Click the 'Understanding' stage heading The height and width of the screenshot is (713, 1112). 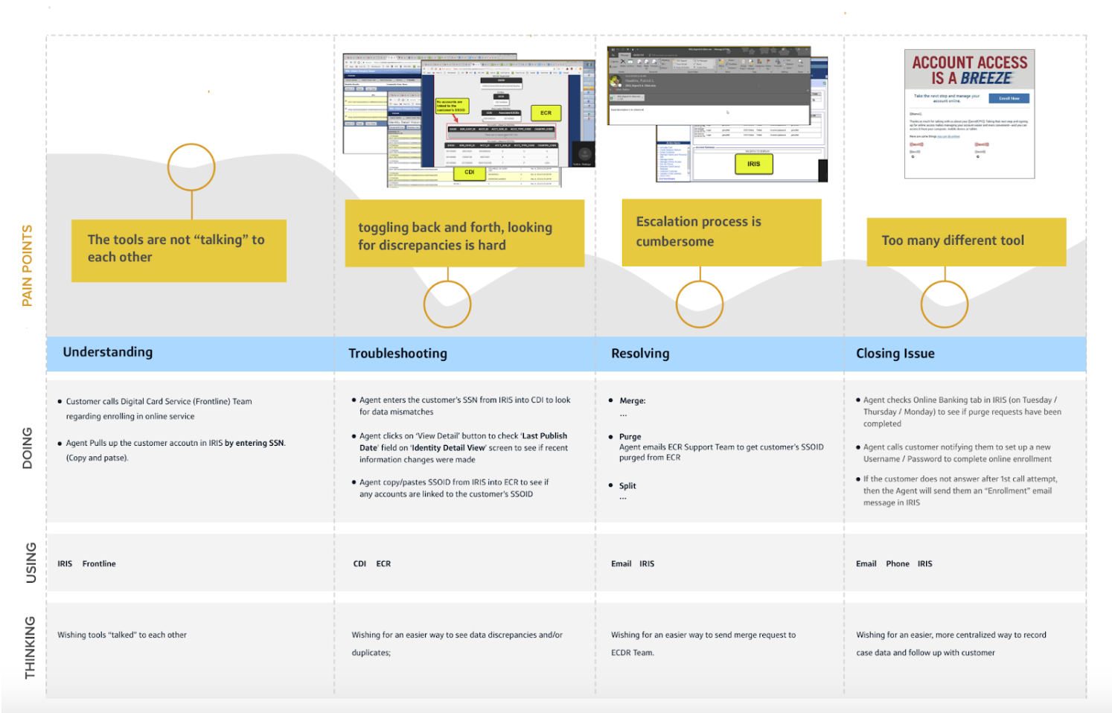(108, 352)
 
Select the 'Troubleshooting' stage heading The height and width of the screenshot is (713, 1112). (397, 354)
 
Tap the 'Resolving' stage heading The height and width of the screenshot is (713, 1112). (640, 354)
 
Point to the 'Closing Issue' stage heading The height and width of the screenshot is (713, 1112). (895, 354)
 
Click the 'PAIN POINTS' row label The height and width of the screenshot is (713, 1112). (28, 266)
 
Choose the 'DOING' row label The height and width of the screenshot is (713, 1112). (28, 448)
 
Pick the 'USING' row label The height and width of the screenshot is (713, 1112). (31, 563)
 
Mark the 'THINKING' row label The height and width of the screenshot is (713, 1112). (30, 648)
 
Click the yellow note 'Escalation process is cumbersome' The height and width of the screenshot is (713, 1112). (721, 232)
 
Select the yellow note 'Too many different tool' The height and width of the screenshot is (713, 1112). (965, 241)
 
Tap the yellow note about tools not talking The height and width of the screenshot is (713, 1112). (179, 250)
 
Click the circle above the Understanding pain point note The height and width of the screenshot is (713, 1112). (191, 167)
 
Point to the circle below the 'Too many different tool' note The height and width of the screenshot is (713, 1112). (945, 304)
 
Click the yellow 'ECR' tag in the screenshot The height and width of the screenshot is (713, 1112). (546, 113)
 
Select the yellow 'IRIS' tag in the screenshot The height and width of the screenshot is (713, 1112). (753, 164)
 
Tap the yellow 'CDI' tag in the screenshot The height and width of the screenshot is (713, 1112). (470, 173)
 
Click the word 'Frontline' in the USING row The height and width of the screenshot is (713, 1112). (99, 564)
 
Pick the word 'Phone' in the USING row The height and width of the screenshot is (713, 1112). (897, 564)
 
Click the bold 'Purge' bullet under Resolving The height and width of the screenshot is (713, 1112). (630, 437)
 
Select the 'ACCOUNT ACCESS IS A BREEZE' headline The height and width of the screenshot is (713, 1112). (969, 70)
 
